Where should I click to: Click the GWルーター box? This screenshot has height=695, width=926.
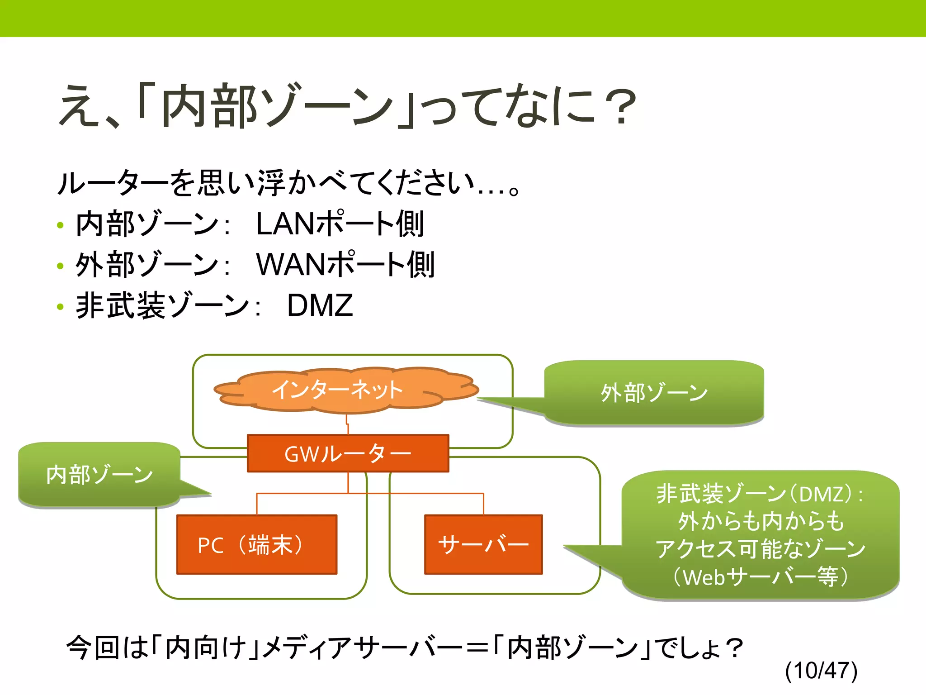348,453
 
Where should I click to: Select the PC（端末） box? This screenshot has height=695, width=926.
256,544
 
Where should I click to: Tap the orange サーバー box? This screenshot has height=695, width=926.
483,544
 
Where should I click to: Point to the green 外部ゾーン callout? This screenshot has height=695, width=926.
654,392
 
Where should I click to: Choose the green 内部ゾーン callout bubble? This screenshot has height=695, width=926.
99,474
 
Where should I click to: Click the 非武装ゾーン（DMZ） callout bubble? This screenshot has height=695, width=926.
760,534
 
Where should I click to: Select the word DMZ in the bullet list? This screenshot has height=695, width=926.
320,305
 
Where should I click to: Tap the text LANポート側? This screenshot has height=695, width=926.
340,224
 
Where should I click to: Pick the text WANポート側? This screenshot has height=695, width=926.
345,265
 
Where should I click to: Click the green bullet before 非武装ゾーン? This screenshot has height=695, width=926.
60,307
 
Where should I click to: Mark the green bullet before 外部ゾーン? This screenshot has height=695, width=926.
60,266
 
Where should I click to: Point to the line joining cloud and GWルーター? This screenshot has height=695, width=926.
347,424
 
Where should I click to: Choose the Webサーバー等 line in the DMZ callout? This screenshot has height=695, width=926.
760,577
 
